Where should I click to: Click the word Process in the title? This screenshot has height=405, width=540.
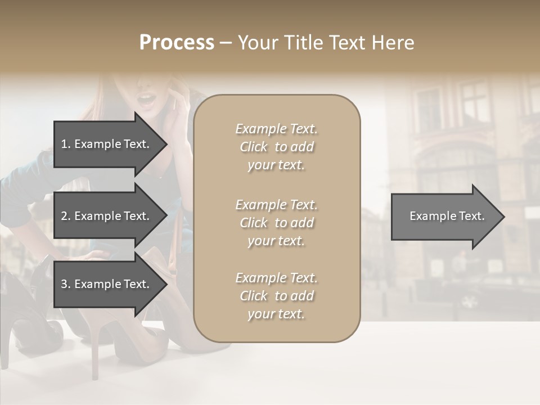177,43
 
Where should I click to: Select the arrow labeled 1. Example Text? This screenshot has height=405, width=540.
107,144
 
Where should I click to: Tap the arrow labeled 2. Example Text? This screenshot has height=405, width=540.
107,216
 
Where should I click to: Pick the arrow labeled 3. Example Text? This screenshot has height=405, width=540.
107,284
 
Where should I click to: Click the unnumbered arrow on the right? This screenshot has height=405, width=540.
444,216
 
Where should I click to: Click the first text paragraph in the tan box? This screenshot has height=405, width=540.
276,147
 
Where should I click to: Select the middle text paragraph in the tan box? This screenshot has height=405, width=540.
276,223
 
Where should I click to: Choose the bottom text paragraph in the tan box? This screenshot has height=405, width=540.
276,296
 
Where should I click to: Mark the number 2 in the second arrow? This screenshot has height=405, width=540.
64,216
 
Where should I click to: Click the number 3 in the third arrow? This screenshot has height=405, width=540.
64,284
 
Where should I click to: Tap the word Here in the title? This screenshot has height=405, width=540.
394,43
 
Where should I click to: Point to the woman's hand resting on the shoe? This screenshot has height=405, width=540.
90,257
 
